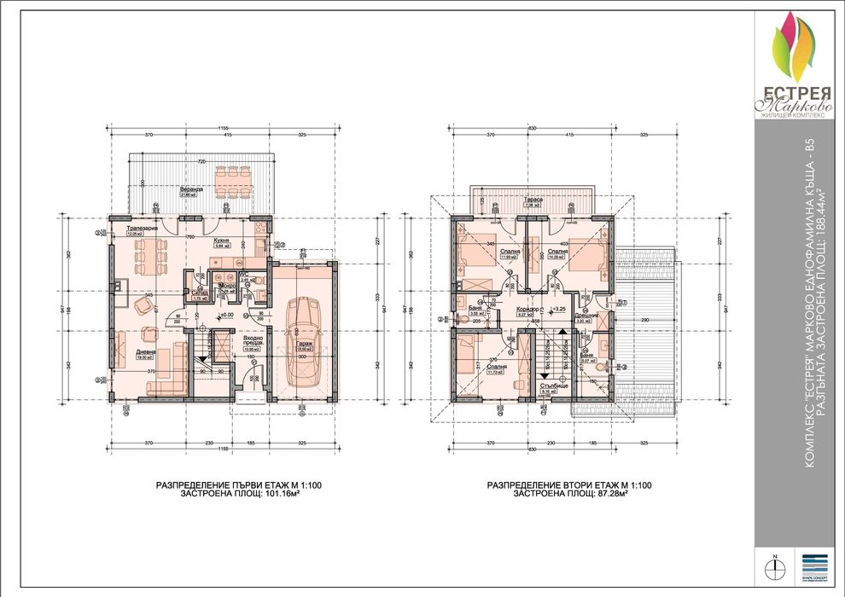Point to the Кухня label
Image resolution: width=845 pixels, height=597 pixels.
(x=220, y=241)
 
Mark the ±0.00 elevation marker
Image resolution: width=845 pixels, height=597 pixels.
(x=227, y=315)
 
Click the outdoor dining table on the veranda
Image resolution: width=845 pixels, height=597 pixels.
(x=231, y=179)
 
